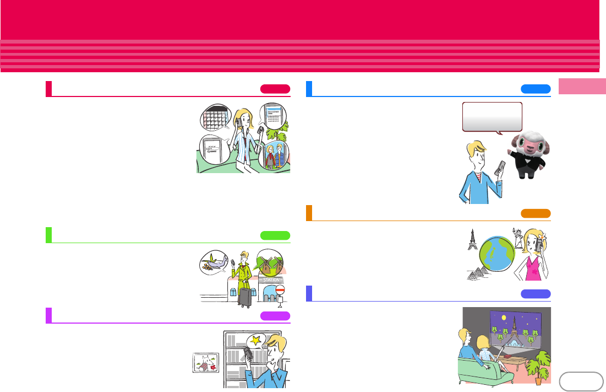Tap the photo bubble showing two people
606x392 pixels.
[x=274, y=155]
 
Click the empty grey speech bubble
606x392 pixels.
[x=492, y=116]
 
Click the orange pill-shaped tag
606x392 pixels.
[x=536, y=214]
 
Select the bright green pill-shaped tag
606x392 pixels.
[x=275, y=236]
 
